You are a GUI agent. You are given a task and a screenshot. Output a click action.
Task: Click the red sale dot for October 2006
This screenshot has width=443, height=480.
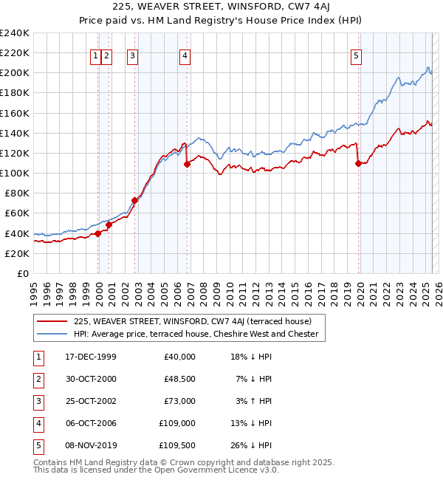point(187,164)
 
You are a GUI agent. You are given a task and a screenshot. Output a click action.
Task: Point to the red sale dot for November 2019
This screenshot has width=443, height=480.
point(359,163)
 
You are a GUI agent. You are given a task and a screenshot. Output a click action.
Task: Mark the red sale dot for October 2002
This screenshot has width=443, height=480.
point(135,200)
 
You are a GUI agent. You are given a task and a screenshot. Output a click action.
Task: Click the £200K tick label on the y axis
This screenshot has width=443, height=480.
point(14,73)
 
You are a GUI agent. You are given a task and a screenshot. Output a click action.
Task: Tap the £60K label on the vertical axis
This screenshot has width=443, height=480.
point(17,213)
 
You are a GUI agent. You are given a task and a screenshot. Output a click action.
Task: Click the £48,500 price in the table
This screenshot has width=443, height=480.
point(177,379)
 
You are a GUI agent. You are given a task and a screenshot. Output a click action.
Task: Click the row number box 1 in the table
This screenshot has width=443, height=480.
point(36,357)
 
